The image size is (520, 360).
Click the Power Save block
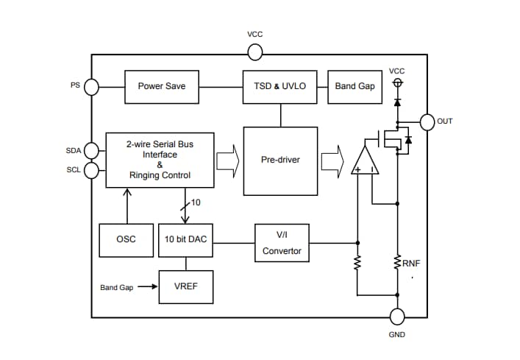click(161, 86)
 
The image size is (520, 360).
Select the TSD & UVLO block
click(280, 86)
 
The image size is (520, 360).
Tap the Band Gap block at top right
click(355, 86)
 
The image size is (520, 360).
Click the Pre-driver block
click(280, 160)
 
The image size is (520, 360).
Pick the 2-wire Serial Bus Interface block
click(160, 160)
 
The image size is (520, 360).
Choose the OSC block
click(126, 240)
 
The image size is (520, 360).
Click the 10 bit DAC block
click(185, 240)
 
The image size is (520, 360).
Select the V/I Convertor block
click(282, 242)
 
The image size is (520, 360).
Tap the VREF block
click(185, 286)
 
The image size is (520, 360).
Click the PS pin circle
click(92, 87)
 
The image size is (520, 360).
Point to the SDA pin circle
click(92, 151)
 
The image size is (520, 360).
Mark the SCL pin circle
click(92, 171)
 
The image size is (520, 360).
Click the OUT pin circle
click(427, 121)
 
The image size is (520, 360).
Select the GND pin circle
click(397, 317)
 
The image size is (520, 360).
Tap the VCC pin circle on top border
click(254, 52)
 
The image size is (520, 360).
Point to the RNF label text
click(412, 262)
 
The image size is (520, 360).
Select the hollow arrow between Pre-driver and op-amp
click(332, 160)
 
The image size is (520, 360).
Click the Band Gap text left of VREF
click(117, 287)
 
